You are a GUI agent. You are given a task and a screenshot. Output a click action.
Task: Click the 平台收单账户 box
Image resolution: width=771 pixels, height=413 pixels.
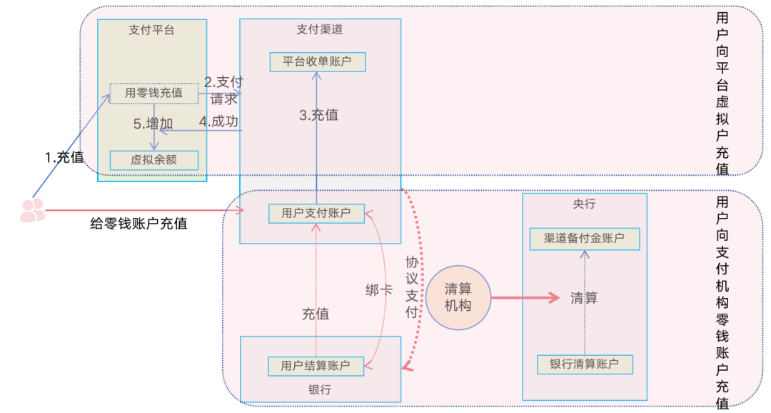click(x=318, y=61)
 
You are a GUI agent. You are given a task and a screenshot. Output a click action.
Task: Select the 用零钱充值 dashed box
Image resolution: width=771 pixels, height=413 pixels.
click(x=153, y=93)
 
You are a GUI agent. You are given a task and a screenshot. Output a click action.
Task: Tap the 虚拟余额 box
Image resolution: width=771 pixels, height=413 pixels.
click(x=153, y=159)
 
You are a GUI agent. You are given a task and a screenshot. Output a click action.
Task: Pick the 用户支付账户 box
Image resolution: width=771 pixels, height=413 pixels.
click(x=316, y=213)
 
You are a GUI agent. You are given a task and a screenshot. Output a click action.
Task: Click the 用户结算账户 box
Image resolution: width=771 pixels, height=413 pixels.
click(x=316, y=366)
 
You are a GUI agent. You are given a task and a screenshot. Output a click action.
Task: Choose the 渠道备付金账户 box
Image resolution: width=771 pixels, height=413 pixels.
click(x=585, y=239)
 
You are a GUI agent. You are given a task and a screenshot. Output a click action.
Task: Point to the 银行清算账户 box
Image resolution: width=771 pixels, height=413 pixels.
click(x=585, y=364)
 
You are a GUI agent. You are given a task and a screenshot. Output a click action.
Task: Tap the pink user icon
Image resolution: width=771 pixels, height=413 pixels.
click(x=32, y=209)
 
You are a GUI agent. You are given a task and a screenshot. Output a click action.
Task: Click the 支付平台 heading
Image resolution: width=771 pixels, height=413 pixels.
click(x=151, y=30)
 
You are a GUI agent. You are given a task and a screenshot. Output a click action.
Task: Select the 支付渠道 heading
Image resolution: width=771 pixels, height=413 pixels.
click(x=319, y=30)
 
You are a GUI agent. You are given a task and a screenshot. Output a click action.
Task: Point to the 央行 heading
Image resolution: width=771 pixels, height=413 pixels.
click(x=584, y=204)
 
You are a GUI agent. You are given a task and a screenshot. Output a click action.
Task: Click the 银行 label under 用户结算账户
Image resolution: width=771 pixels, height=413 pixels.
click(x=319, y=389)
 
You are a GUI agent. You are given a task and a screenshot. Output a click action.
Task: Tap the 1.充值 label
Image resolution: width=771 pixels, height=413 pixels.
click(x=64, y=158)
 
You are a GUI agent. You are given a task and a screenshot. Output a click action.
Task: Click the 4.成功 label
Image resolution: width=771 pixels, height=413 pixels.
click(x=218, y=121)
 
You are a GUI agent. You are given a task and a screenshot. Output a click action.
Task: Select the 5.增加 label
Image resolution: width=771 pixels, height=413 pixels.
click(x=153, y=124)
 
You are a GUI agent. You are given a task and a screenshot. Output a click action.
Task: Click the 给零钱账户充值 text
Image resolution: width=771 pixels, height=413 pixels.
click(x=138, y=224)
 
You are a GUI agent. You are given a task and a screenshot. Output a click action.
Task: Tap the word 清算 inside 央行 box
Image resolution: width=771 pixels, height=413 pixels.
click(x=584, y=298)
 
